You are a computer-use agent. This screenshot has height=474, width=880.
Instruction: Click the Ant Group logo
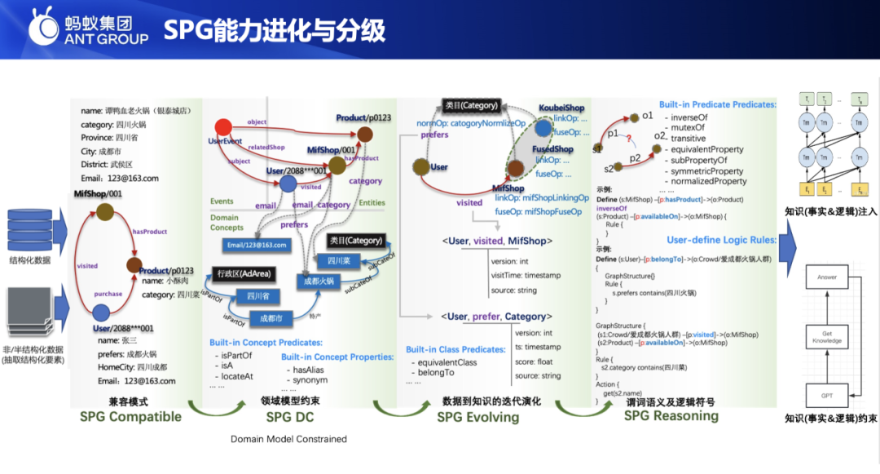click(89, 29)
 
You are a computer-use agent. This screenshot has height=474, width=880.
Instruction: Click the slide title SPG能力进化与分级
click(274, 30)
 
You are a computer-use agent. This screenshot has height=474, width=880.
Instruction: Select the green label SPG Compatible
click(130, 416)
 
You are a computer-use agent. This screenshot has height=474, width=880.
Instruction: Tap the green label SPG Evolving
click(477, 417)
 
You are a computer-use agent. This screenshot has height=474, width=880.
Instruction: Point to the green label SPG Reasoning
click(671, 415)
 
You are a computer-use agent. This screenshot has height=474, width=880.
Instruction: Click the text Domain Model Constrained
click(288, 439)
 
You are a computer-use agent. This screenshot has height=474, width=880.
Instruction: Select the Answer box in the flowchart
click(826, 277)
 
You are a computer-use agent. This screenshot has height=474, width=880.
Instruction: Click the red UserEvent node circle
click(222, 127)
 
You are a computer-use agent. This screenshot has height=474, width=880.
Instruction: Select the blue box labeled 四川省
click(259, 296)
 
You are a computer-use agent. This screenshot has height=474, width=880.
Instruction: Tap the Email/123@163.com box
click(257, 244)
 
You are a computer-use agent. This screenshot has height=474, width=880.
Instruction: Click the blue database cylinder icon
click(30, 229)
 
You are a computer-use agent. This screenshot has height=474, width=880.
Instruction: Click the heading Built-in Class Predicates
click(455, 349)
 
